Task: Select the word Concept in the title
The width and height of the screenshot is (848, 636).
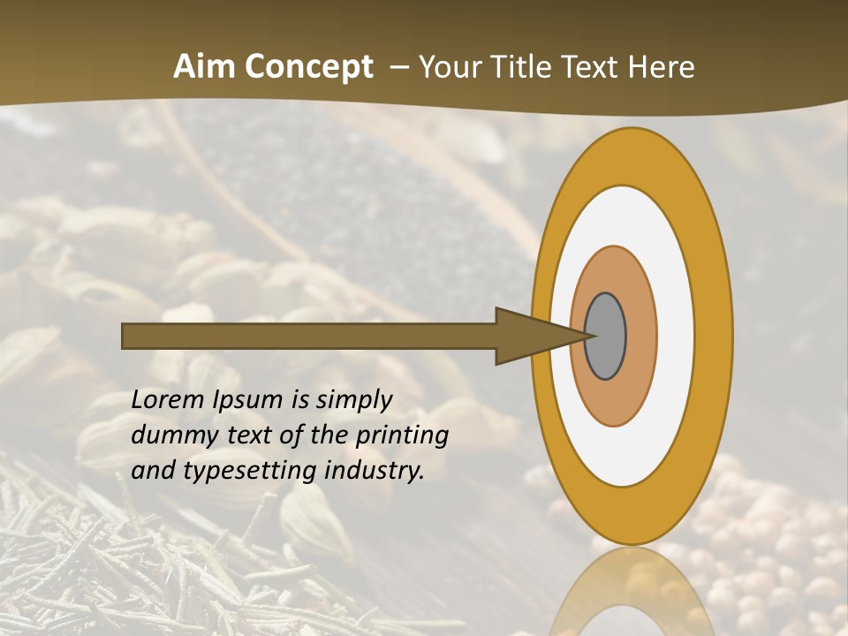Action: coord(308,67)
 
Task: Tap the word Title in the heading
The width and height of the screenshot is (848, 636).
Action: coord(526,67)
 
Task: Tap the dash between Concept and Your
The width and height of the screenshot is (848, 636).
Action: coord(397,67)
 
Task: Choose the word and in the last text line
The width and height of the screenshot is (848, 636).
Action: coord(152,471)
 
